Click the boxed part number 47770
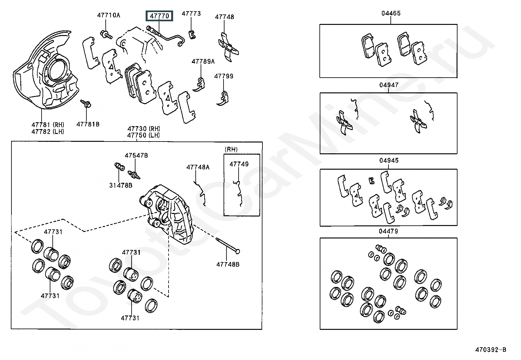tap(159, 16)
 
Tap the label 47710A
tap(109, 15)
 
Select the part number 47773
tap(191, 13)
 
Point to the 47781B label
tap(88, 124)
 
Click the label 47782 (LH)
tap(48, 132)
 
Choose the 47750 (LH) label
tap(144, 135)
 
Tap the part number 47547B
tap(136, 155)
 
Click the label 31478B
tap(121, 185)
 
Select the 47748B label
tap(228, 264)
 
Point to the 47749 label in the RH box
tap(239, 164)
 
